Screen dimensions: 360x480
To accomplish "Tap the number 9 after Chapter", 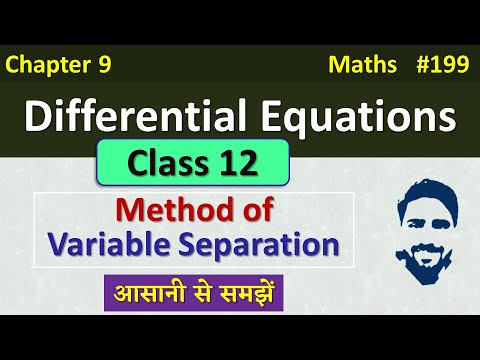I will (x=104, y=66).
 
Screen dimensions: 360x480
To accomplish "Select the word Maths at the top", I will (x=357, y=66).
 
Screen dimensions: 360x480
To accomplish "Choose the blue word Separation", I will (x=265, y=243).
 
